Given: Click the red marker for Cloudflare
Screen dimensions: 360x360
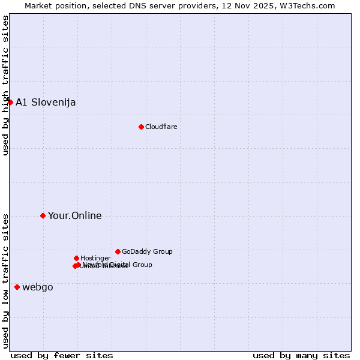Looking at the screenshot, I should pyautogui.click(x=141, y=127).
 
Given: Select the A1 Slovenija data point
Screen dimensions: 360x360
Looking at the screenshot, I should pyautogui.click(x=10, y=102).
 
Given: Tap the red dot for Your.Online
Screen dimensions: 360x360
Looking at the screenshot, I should pyautogui.click(x=43, y=215).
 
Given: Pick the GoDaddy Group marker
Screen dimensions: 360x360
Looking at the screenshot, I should pyautogui.click(x=118, y=251).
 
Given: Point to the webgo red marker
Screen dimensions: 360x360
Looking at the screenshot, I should pyautogui.click(x=17, y=287).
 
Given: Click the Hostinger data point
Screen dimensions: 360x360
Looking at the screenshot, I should pyautogui.click(x=76, y=258).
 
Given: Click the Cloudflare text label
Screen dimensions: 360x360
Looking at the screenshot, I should pyautogui.click(x=161, y=127).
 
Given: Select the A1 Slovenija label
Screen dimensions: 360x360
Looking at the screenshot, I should pyautogui.click(x=46, y=102).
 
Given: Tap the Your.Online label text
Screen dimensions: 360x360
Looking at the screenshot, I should pyautogui.click(x=74, y=216).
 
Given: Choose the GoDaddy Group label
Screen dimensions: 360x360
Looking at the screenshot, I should pyautogui.click(x=147, y=251).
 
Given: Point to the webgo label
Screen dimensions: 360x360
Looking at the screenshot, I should pyautogui.click(x=38, y=287).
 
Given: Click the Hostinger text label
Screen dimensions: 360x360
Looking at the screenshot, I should pyautogui.click(x=95, y=258).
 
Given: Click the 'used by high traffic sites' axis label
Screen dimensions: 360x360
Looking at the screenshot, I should pyautogui.click(x=6, y=85).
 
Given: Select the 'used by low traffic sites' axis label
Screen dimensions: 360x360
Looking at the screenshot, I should pyautogui.click(x=6, y=280).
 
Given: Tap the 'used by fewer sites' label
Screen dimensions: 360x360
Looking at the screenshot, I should pyautogui.click(x=62, y=355).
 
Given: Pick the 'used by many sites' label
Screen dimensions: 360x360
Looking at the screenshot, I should pyautogui.click(x=301, y=355).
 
